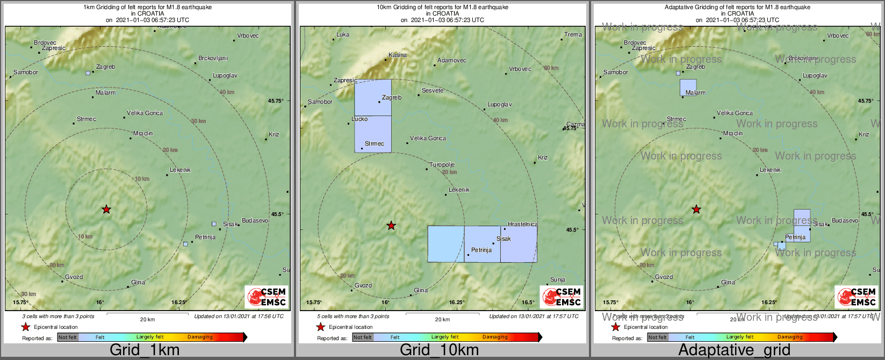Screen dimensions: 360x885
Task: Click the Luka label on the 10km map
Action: pos(343,35)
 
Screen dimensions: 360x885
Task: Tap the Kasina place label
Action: pos(398,55)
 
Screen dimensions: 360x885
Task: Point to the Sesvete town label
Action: pos(433,91)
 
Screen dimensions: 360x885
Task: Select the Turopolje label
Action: pos(442,165)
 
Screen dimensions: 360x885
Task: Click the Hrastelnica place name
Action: pos(522,225)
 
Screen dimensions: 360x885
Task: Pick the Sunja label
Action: pos(558,280)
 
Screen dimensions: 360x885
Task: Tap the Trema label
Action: pos(573,35)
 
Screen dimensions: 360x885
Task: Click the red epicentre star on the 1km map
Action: pos(106,210)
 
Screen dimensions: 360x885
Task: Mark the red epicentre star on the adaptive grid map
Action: pos(696,210)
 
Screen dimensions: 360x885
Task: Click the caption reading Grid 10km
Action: pos(439,350)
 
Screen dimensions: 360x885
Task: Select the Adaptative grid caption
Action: pos(734,350)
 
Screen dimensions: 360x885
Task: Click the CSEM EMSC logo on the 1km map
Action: pos(267,297)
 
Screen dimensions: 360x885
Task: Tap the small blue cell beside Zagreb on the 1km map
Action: pos(88,73)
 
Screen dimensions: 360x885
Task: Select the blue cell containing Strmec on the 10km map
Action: pos(373,134)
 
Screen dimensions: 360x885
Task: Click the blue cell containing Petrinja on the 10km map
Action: pos(482,244)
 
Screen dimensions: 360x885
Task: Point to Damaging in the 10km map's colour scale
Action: pos(495,337)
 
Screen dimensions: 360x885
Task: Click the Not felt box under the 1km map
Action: pos(68,337)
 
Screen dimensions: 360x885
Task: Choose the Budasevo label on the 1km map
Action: pos(255,221)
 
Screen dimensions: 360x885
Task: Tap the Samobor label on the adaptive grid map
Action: pos(616,73)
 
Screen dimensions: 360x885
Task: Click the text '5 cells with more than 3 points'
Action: pos(353,316)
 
